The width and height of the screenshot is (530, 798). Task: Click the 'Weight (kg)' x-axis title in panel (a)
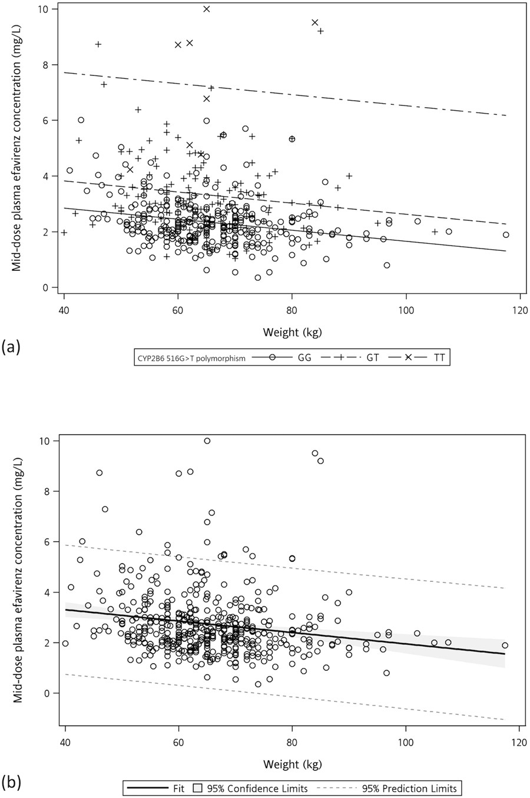tap(291, 333)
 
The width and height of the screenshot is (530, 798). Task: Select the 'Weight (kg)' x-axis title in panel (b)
tap(291, 764)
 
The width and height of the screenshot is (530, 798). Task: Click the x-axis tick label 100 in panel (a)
tap(406, 311)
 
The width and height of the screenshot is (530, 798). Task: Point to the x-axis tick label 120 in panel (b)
tap(519, 743)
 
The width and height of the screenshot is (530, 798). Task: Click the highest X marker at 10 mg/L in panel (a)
tap(207, 9)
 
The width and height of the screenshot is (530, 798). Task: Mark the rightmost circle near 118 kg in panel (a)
tap(506, 234)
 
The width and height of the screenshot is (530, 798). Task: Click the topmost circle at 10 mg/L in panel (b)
tap(207, 441)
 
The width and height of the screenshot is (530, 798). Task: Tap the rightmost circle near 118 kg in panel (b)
tap(505, 645)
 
